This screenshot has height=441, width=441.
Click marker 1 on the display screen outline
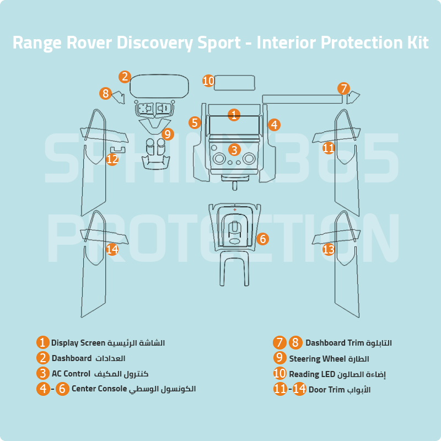(x=234, y=115)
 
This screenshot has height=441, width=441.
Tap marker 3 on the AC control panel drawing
(x=234, y=149)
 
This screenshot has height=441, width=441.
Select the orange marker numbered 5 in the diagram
(x=194, y=122)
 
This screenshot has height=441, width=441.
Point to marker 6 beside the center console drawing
(x=262, y=239)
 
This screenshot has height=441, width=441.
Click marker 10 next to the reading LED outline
(x=208, y=81)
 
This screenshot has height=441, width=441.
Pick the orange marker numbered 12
(x=112, y=159)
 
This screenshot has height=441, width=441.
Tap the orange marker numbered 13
(x=329, y=250)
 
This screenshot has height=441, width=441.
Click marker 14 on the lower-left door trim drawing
(x=112, y=250)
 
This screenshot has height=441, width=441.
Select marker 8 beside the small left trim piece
(x=106, y=93)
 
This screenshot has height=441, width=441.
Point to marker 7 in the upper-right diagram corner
(x=343, y=88)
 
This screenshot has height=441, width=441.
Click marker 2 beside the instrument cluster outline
(x=125, y=77)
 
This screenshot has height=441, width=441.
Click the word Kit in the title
(x=417, y=42)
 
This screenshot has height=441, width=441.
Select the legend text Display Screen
(x=78, y=343)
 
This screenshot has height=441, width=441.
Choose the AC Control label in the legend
(x=71, y=373)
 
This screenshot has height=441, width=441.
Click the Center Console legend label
(x=99, y=389)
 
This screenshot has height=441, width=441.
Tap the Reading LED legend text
(x=312, y=374)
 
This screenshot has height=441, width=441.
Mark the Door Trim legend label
(x=327, y=389)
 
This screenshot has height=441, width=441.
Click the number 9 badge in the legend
(x=280, y=358)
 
